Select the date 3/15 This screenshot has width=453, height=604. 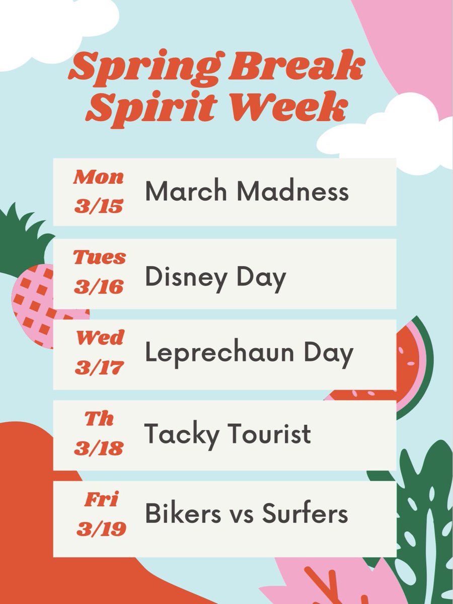99,206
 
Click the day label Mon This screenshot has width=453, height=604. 99,178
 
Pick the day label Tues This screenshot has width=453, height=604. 99,258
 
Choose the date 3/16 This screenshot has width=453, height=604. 99,286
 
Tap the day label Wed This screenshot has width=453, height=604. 99,338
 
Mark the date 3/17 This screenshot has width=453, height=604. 99,367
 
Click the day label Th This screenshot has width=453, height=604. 99,419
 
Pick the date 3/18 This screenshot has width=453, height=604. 99,447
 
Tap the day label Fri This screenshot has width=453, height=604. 100,499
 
